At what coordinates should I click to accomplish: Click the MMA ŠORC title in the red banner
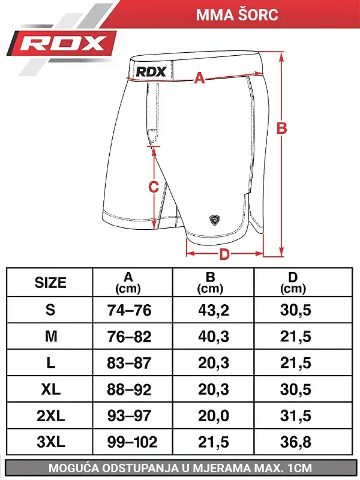point(237,14)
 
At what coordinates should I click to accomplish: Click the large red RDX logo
point(63,44)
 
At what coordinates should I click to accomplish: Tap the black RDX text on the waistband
point(151,71)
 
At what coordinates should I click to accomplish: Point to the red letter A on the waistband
point(199,78)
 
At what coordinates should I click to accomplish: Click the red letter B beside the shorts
point(281,128)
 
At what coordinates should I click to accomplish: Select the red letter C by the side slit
point(154,187)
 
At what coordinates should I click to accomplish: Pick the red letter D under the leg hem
point(224,254)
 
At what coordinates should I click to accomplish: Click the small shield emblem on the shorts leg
point(215,220)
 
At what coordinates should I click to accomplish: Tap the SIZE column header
point(50,283)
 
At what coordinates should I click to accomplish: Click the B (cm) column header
point(211,283)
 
